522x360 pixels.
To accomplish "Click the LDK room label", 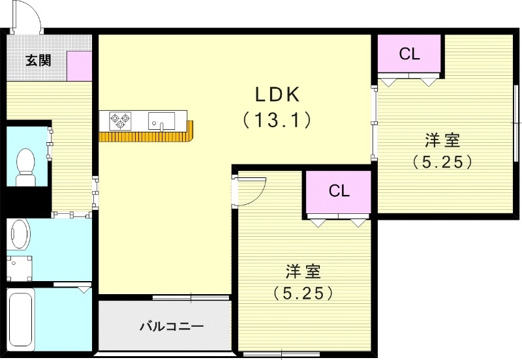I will click(x=277, y=95).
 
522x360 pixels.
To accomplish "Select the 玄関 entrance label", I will click(x=37, y=61).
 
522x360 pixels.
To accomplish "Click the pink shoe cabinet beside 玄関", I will click(x=80, y=65).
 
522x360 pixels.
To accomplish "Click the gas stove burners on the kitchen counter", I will click(x=120, y=119).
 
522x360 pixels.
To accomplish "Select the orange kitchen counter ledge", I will click(x=146, y=136).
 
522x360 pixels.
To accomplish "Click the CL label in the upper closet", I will click(x=409, y=55).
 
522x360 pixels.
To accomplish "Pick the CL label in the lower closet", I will click(x=339, y=191).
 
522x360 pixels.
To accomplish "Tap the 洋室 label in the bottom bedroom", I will click(x=303, y=271).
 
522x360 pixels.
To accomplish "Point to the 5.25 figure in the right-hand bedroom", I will click(x=442, y=162).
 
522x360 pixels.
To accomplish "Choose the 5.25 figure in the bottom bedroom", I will click(x=303, y=293).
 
